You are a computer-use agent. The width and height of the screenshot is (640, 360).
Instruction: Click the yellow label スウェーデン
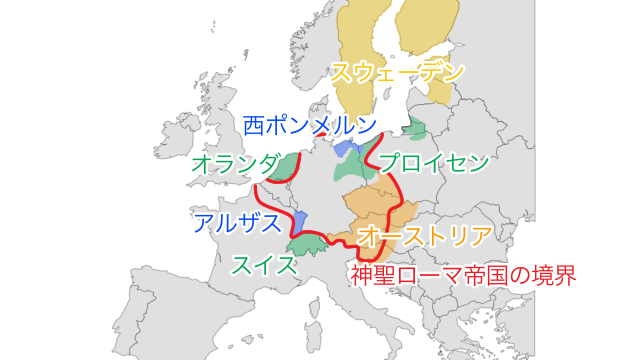pyautogui.click(x=398, y=73)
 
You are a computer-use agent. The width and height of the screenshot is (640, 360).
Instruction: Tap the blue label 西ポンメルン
pyautogui.click(x=311, y=126)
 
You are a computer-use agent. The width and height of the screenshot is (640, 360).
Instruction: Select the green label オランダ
pyautogui.click(x=237, y=163)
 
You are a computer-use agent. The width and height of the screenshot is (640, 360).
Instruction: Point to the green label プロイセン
pyautogui.click(x=434, y=163)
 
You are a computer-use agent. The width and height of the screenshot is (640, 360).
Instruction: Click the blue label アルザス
pyautogui.click(x=237, y=223)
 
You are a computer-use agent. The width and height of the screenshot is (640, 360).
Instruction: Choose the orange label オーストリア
pyautogui.click(x=425, y=237)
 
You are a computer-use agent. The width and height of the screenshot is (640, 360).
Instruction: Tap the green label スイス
pyautogui.click(x=264, y=265)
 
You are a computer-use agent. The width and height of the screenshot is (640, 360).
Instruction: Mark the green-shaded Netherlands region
pyautogui.click(x=289, y=167)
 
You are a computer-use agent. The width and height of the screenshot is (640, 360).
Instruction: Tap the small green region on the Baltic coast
pyautogui.click(x=415, y=128)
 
